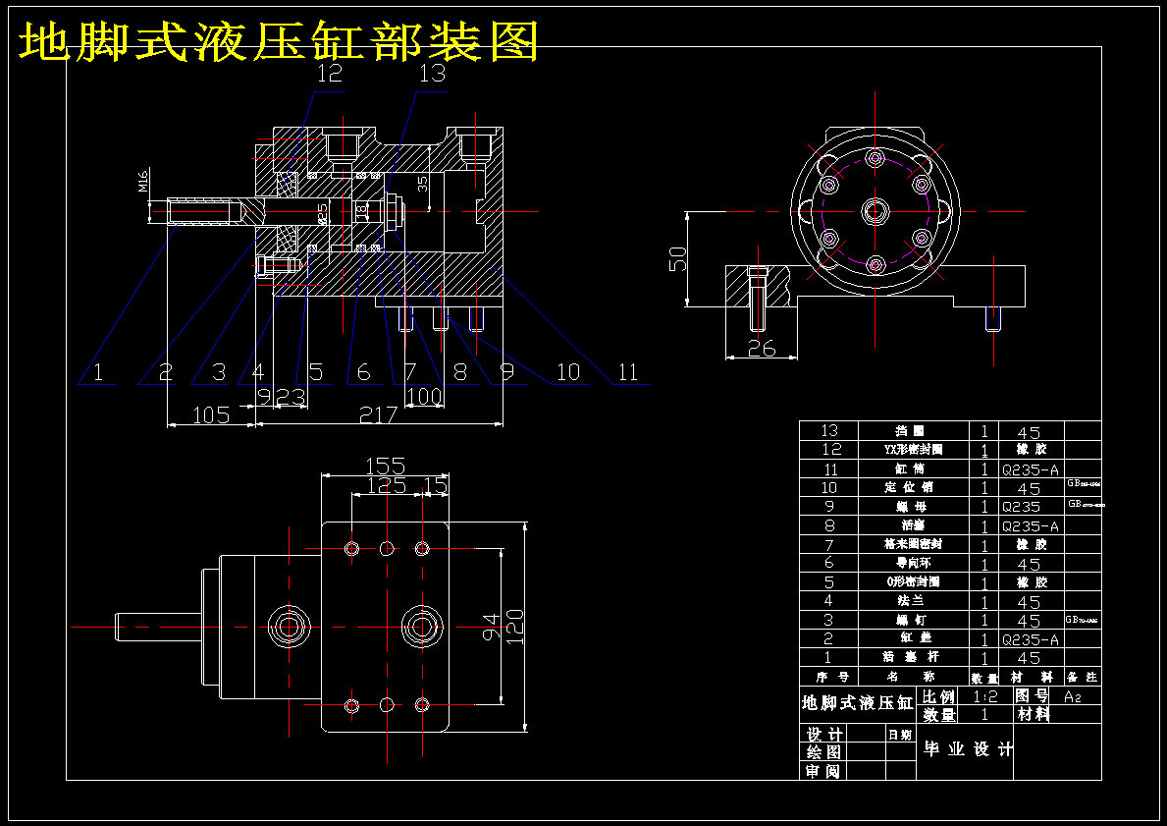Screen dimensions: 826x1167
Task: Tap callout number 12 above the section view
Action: point(330,74)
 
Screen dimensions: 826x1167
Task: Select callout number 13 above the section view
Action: point(432,74)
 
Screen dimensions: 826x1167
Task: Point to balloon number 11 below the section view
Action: point(628,372)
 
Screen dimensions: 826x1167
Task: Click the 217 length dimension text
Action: point(378,415)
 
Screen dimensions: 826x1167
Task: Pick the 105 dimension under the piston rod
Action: point(210,415)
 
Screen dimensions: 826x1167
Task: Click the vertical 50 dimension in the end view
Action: point(677,258)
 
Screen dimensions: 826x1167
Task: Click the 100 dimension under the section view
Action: point(424,397)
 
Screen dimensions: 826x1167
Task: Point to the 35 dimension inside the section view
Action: point(423,184)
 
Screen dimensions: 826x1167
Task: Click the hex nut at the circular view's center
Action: point(875,209)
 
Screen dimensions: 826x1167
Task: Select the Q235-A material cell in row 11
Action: point(1031,469)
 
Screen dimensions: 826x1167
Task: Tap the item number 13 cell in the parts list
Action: point(829,431)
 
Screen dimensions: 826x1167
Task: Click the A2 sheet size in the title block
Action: point(1074,696)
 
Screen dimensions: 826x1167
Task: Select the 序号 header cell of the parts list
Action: point(829,677)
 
